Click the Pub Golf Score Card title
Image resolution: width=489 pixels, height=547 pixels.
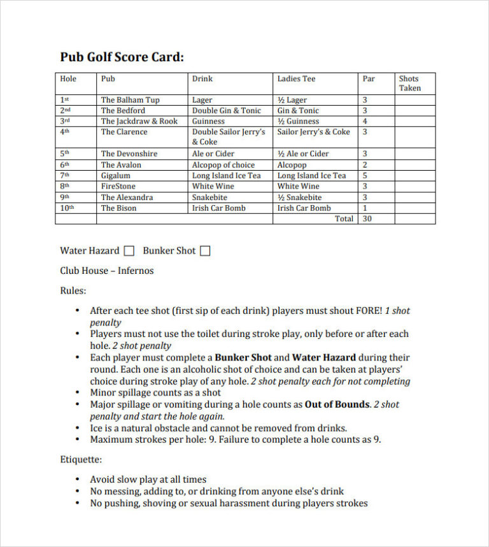(x=122, y=57)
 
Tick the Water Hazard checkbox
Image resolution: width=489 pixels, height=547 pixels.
(x=129, y=251)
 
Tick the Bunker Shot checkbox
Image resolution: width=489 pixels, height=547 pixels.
(x=205, y=251)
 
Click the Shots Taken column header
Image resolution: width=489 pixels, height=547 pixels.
(x=409, y=83)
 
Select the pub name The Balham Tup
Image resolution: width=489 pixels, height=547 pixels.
(x=130, y=100)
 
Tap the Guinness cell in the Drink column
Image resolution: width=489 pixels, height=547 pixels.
(x=208, y=121)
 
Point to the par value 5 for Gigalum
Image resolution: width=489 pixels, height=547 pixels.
(x=365, y=176)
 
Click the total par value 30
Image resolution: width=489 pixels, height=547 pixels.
(x=367, y=218)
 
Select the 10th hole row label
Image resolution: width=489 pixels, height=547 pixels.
(x=67, y=208)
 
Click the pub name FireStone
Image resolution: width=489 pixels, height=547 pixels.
(x=118, y=187)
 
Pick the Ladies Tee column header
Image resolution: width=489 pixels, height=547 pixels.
(x=296, y=79)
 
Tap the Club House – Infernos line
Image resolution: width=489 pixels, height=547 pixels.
(x=107, y=271)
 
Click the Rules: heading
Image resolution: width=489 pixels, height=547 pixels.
(x=73, y=291)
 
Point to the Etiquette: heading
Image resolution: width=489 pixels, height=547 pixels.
(x=81, y=459)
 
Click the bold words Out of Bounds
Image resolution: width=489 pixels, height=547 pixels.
(x=337, y=404)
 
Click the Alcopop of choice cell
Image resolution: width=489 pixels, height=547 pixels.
(x=223, y=165)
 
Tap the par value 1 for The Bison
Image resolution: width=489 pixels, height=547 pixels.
(x=365, y=208)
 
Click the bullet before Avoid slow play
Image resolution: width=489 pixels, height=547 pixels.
(x=78, y=480)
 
